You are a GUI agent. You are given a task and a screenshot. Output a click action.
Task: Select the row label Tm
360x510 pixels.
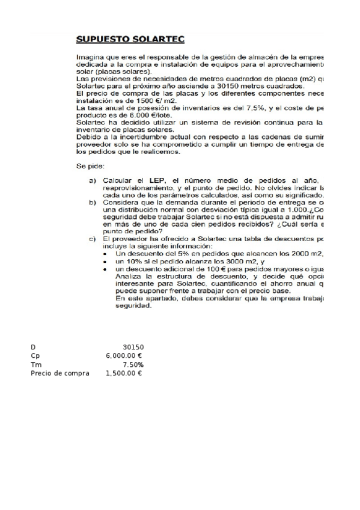click(35, 364)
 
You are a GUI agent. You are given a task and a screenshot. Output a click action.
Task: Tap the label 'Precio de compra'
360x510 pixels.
click(60, 373)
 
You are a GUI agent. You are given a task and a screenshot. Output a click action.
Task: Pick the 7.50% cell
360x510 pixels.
click(133, 364)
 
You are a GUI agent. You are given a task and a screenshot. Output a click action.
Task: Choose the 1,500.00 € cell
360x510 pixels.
click(124, 373)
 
